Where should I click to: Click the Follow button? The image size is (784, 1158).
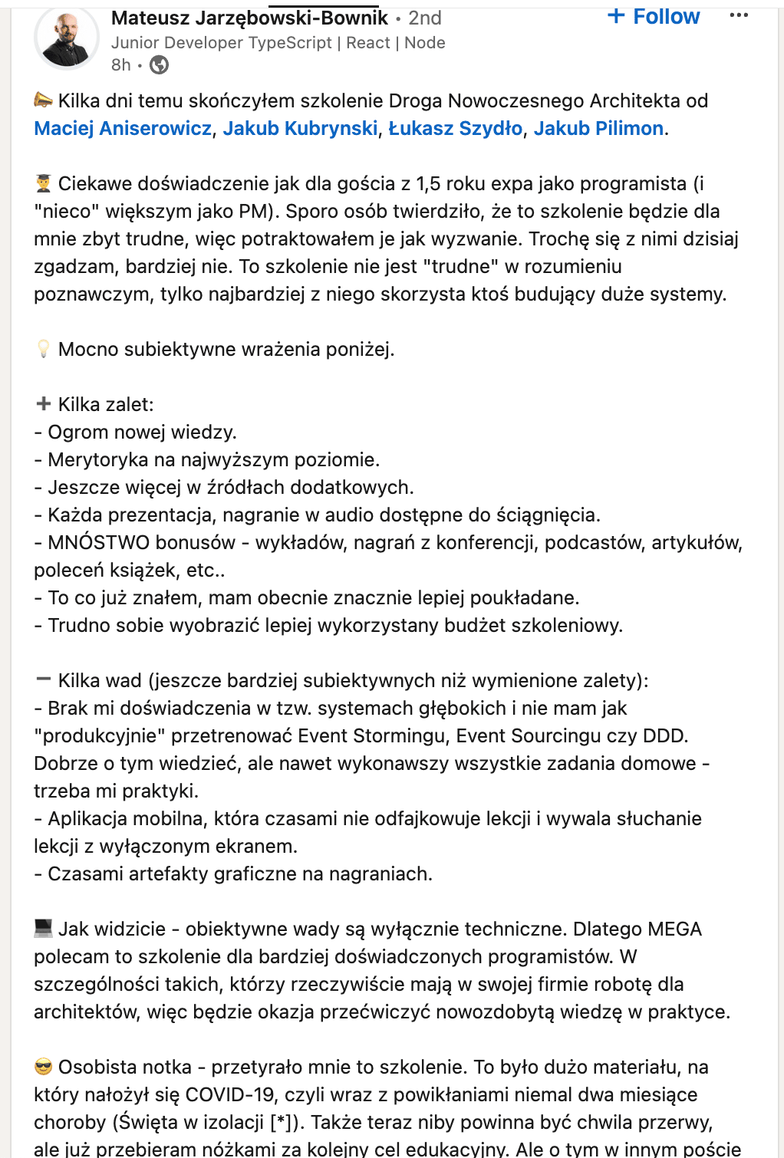coord(654,17)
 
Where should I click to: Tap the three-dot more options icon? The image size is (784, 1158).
coord(739,16)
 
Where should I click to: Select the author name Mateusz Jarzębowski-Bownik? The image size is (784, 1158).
coord(249,18)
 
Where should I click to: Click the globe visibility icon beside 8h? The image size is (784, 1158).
coord(159,65)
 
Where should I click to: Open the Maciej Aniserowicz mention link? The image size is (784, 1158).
coord(122,128)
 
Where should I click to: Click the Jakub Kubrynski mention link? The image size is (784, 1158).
coord(300,128)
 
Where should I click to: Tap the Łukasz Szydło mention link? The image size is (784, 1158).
coord(455,128)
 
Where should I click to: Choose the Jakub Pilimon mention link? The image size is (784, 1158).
coord(598,128)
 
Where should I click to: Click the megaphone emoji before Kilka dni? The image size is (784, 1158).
coord(44,100)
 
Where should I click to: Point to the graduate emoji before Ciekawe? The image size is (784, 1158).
coord(44,184)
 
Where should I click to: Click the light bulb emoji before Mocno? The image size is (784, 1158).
coord(44,350)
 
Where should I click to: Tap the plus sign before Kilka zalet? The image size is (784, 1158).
coord(44,404)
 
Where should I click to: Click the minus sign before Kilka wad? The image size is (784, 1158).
coord(44,679)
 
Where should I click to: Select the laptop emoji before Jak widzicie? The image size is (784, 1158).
coord(44,929)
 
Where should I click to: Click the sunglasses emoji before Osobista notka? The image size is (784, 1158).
coord(44,1067)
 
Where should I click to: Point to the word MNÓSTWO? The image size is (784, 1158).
coord(141,543)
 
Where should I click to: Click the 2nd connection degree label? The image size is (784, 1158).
coord(425,18)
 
